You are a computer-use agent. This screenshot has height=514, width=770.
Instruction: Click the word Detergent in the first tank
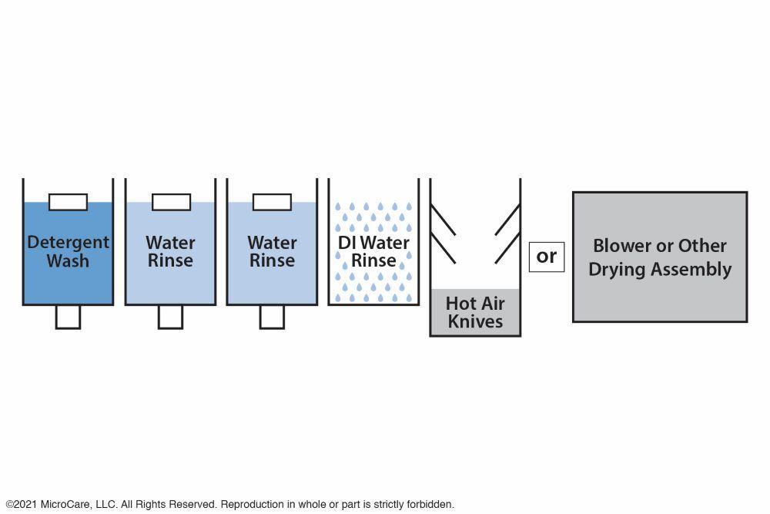(68, 242)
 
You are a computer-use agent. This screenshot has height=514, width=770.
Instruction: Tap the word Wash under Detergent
(68, 261)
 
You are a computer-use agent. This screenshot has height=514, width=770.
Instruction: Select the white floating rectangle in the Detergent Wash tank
(68, 202)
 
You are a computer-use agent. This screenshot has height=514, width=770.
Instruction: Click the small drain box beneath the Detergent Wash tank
(68, 317)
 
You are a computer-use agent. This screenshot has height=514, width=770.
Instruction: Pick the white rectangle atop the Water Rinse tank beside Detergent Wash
(171, 202)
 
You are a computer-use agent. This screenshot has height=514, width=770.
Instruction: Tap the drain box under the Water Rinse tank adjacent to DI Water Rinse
(272, 317)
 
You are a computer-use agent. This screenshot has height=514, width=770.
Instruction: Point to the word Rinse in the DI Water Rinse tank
(373, 261)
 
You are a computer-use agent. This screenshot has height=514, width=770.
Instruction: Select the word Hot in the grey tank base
(460, 303)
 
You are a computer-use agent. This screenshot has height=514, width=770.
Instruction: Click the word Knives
(475, 321)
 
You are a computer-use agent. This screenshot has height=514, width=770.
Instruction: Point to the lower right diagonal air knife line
(507, 247)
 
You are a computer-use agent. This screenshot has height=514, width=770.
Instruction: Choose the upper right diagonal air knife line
(507, 220)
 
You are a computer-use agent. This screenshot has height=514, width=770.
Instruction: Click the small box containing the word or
(547, 256)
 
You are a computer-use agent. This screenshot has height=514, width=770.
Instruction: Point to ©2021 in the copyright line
(21, 505)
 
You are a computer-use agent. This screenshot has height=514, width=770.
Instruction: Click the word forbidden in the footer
(429, 505)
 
